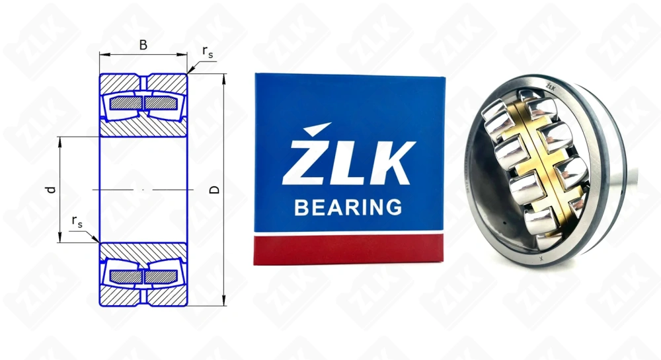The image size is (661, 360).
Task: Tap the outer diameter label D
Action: pos(214,190)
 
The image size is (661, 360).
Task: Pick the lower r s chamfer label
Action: pos(77,221)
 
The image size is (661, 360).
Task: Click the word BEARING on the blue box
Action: pos(348,207)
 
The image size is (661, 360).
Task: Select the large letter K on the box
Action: pos(390,162)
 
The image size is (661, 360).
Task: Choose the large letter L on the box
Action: pos(347,162)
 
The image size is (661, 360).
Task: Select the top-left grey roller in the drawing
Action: pos(124,103)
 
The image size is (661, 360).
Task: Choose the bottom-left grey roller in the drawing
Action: pos(124,277)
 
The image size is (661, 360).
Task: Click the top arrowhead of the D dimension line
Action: pos(225,78)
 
